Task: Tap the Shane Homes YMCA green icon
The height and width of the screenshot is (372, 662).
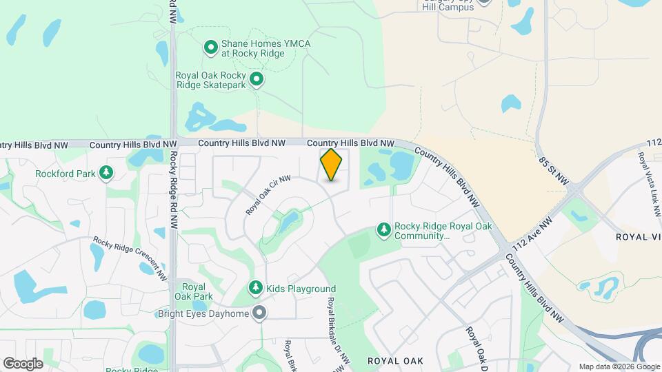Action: click(x=211, y=48)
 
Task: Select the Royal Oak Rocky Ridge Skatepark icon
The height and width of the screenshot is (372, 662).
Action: click(x=257, y=80)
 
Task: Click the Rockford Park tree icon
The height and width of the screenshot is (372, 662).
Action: click(x=106, y=173)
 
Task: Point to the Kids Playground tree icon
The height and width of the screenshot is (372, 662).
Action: click(x=255, y=288)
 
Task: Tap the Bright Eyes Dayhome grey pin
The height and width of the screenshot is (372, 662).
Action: click(x=259, y=313)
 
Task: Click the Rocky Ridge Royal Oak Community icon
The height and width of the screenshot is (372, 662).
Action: click(x=383, y=229)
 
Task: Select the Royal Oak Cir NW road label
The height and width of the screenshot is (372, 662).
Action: click(x=268, y=195)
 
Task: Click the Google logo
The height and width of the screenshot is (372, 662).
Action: click(x=23, y=363)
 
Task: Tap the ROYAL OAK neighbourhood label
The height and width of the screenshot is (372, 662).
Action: click(x=394, y=360)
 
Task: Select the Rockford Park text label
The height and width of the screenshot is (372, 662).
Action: click(x=65, y=174)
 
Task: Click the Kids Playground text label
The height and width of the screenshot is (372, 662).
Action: click(x=301, y=289)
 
